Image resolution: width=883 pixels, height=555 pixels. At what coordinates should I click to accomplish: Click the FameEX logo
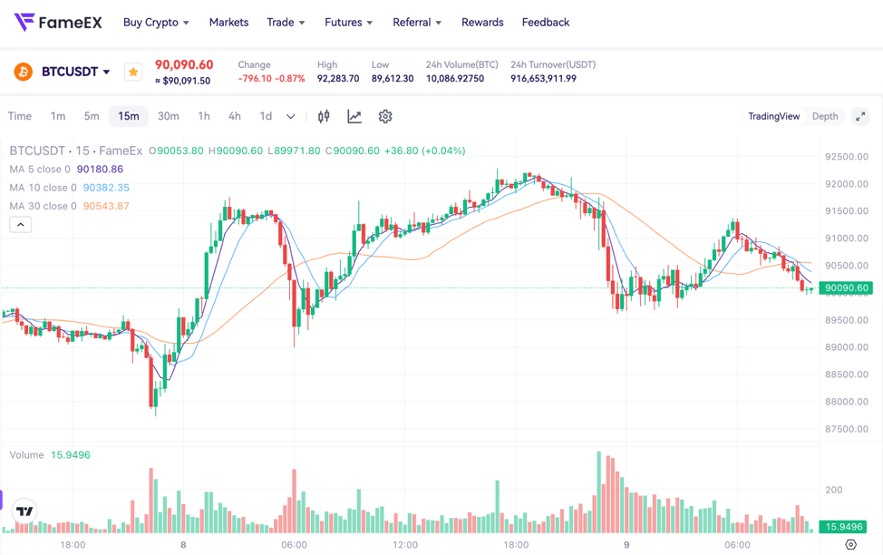[58, 22]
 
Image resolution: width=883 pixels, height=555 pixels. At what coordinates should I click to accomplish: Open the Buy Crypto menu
[156, 22]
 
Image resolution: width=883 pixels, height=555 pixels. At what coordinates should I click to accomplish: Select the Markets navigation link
[228, 22]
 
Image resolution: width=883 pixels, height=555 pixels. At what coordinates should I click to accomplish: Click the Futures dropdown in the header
[348, 22]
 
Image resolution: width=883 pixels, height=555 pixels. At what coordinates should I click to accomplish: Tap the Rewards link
[482, 22]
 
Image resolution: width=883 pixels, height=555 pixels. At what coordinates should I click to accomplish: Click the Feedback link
[546, 22]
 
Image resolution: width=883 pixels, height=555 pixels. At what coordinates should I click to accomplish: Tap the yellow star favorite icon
[133, 72]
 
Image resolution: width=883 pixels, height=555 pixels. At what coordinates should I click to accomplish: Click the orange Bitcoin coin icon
[24, 72]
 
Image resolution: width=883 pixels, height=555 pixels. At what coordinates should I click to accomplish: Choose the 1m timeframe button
[58, 116]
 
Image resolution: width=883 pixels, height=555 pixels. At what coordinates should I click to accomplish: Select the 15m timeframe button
[129, 116]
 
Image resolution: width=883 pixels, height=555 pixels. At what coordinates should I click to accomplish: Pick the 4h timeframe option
[235, 116]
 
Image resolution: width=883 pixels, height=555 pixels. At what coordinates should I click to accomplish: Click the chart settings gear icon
[385, 116]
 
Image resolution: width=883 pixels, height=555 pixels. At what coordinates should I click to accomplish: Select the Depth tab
[825, 116]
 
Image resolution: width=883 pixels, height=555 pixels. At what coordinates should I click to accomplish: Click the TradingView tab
[773, 116]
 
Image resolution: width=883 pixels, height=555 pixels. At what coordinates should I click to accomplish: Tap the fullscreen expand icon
[860, 116]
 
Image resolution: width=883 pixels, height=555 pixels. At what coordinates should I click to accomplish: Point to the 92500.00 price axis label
[847, 157]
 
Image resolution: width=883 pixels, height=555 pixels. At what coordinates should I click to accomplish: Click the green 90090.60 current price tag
[846, 288]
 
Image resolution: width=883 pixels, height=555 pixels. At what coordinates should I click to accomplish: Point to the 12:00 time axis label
[405, 545]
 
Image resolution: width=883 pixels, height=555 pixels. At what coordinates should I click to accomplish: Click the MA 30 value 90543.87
[106, 206]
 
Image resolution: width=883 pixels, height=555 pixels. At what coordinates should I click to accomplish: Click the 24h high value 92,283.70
[338, 79]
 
